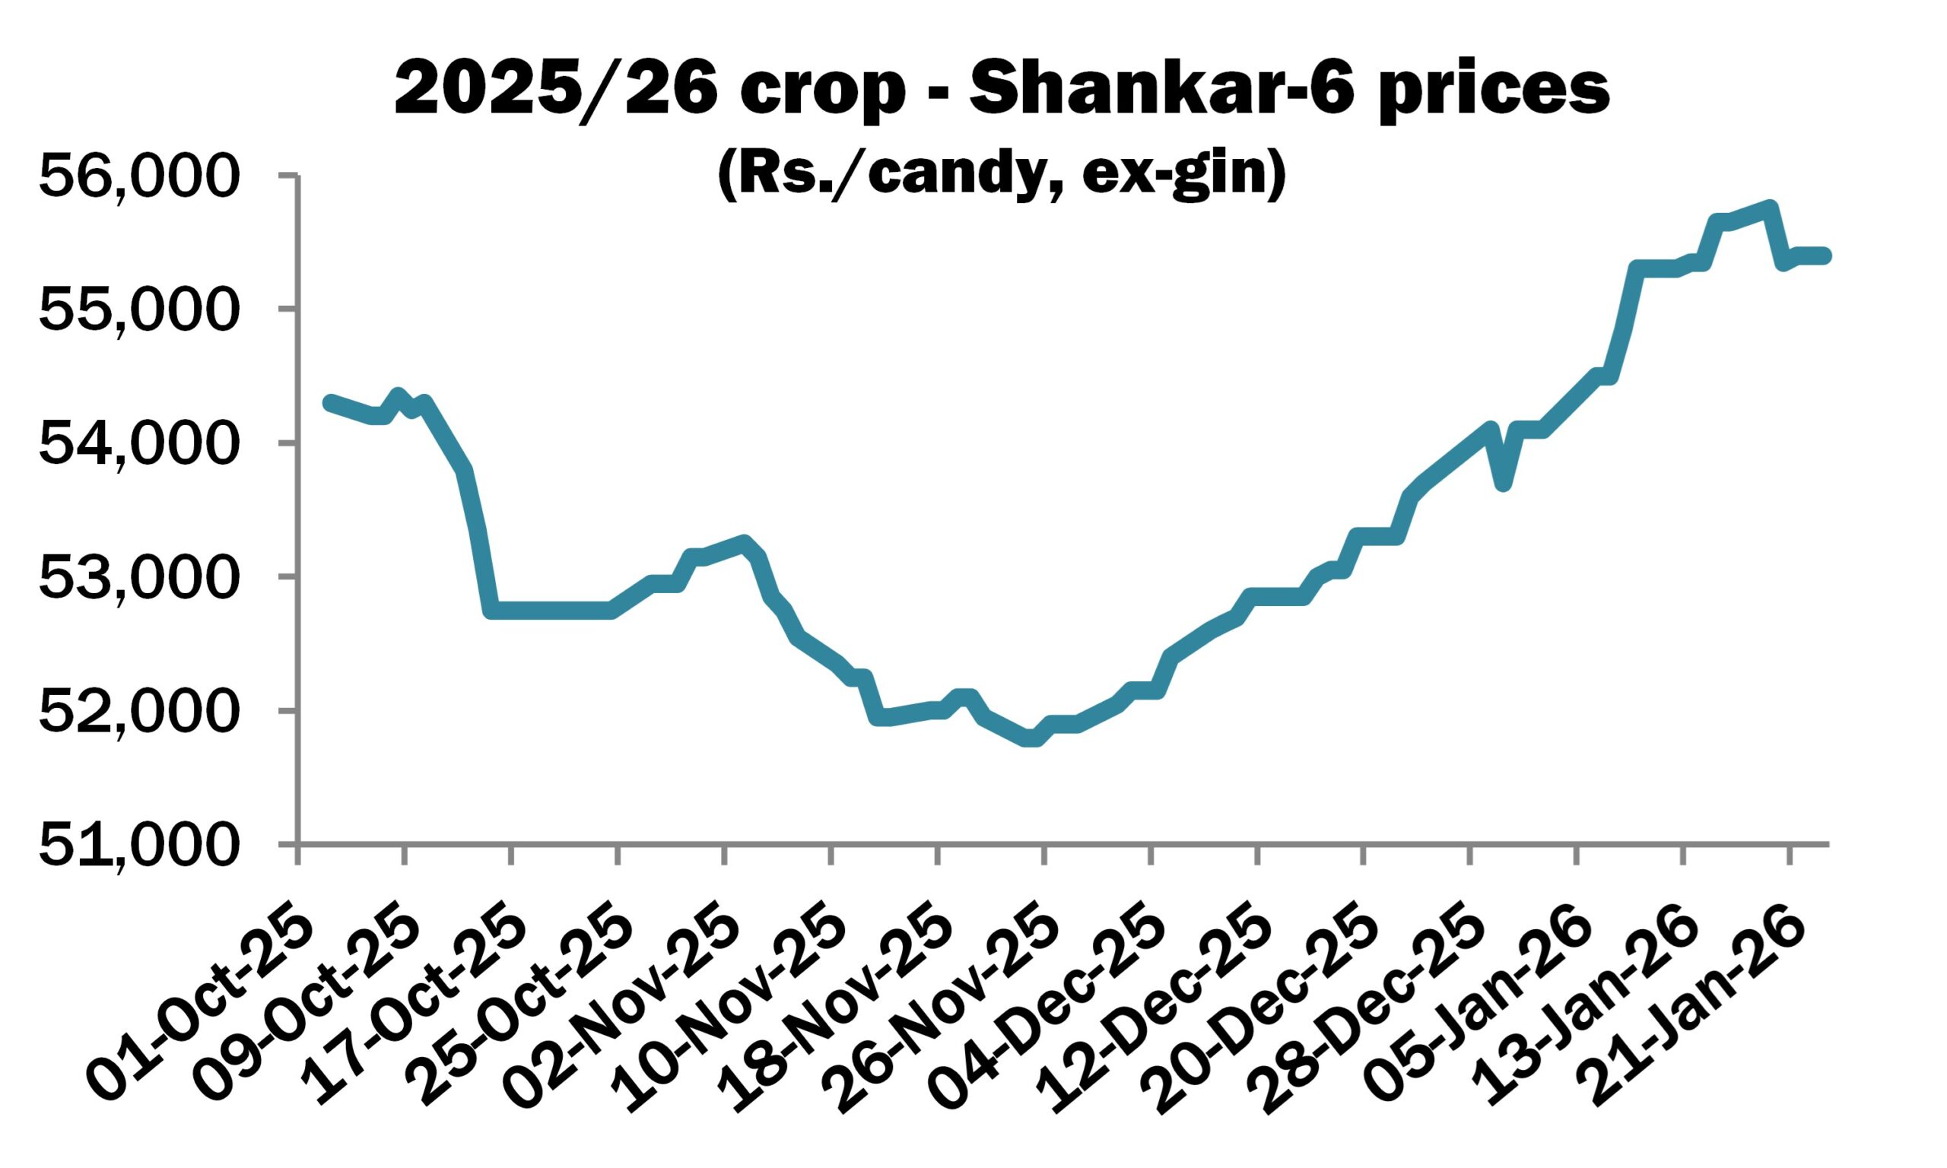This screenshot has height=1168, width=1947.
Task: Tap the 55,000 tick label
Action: pyautogui.click(x=138, y=309)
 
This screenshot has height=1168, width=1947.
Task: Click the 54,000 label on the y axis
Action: pyautogui.click(x=138, y=443)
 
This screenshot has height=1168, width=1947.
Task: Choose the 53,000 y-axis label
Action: pyautogui.click(x=138, y=577)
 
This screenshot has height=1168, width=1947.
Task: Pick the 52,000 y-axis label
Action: pyautogui.click(x=138, y=711)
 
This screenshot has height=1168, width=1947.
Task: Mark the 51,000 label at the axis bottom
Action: pyautogui.click(x=138, y=845)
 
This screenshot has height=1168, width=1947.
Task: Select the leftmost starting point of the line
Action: pyautogui.click(x=330, y=402)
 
